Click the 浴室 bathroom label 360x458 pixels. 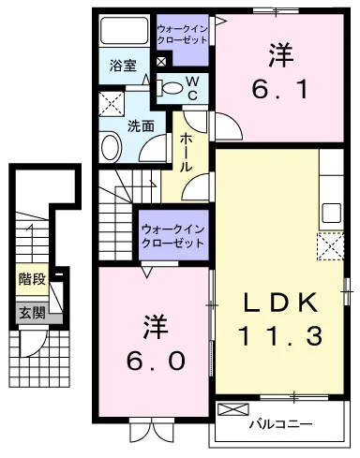pyautogui.click(x=123, y=66)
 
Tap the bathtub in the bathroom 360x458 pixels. pyautogui.click(x=124, y=30)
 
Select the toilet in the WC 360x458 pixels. pyautogui.click(x=170, y=88)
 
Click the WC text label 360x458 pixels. pyautogui.click(x=192, y=88)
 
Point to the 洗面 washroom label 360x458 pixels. pyautogui.click(x=141, y=126)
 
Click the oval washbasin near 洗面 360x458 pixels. pyautogui.click(x=111, y=147)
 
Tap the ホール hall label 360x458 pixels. pyautogui.click(x=186, y=152)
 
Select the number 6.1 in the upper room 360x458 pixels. pyautogui.click(x=280, y=89)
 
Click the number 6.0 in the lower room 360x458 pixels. pyautogui.click(x=156, y=360)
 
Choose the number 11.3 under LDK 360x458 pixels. pyautogui.click(x=280, y=335)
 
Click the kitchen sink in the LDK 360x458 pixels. pyautogui.click(x=331, y=213)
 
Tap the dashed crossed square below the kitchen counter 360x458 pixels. pyautogui.click(x=331, y=246)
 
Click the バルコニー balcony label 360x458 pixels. pyautogui.click(x=280, y=424)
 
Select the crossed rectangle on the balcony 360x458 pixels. pyautogui.click(x=233, y=409)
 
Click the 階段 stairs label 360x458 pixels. pyautogui.click(x=32, y=279)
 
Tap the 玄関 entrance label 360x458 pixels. pyautogui.click(x=32, y=313)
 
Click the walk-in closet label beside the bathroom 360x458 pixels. pyautogui.click(x=182, y=35)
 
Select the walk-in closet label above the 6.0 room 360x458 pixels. pyautogui.click(x=173, y=236)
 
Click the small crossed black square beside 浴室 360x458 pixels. pyautogui.click(x=161, y=62)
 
